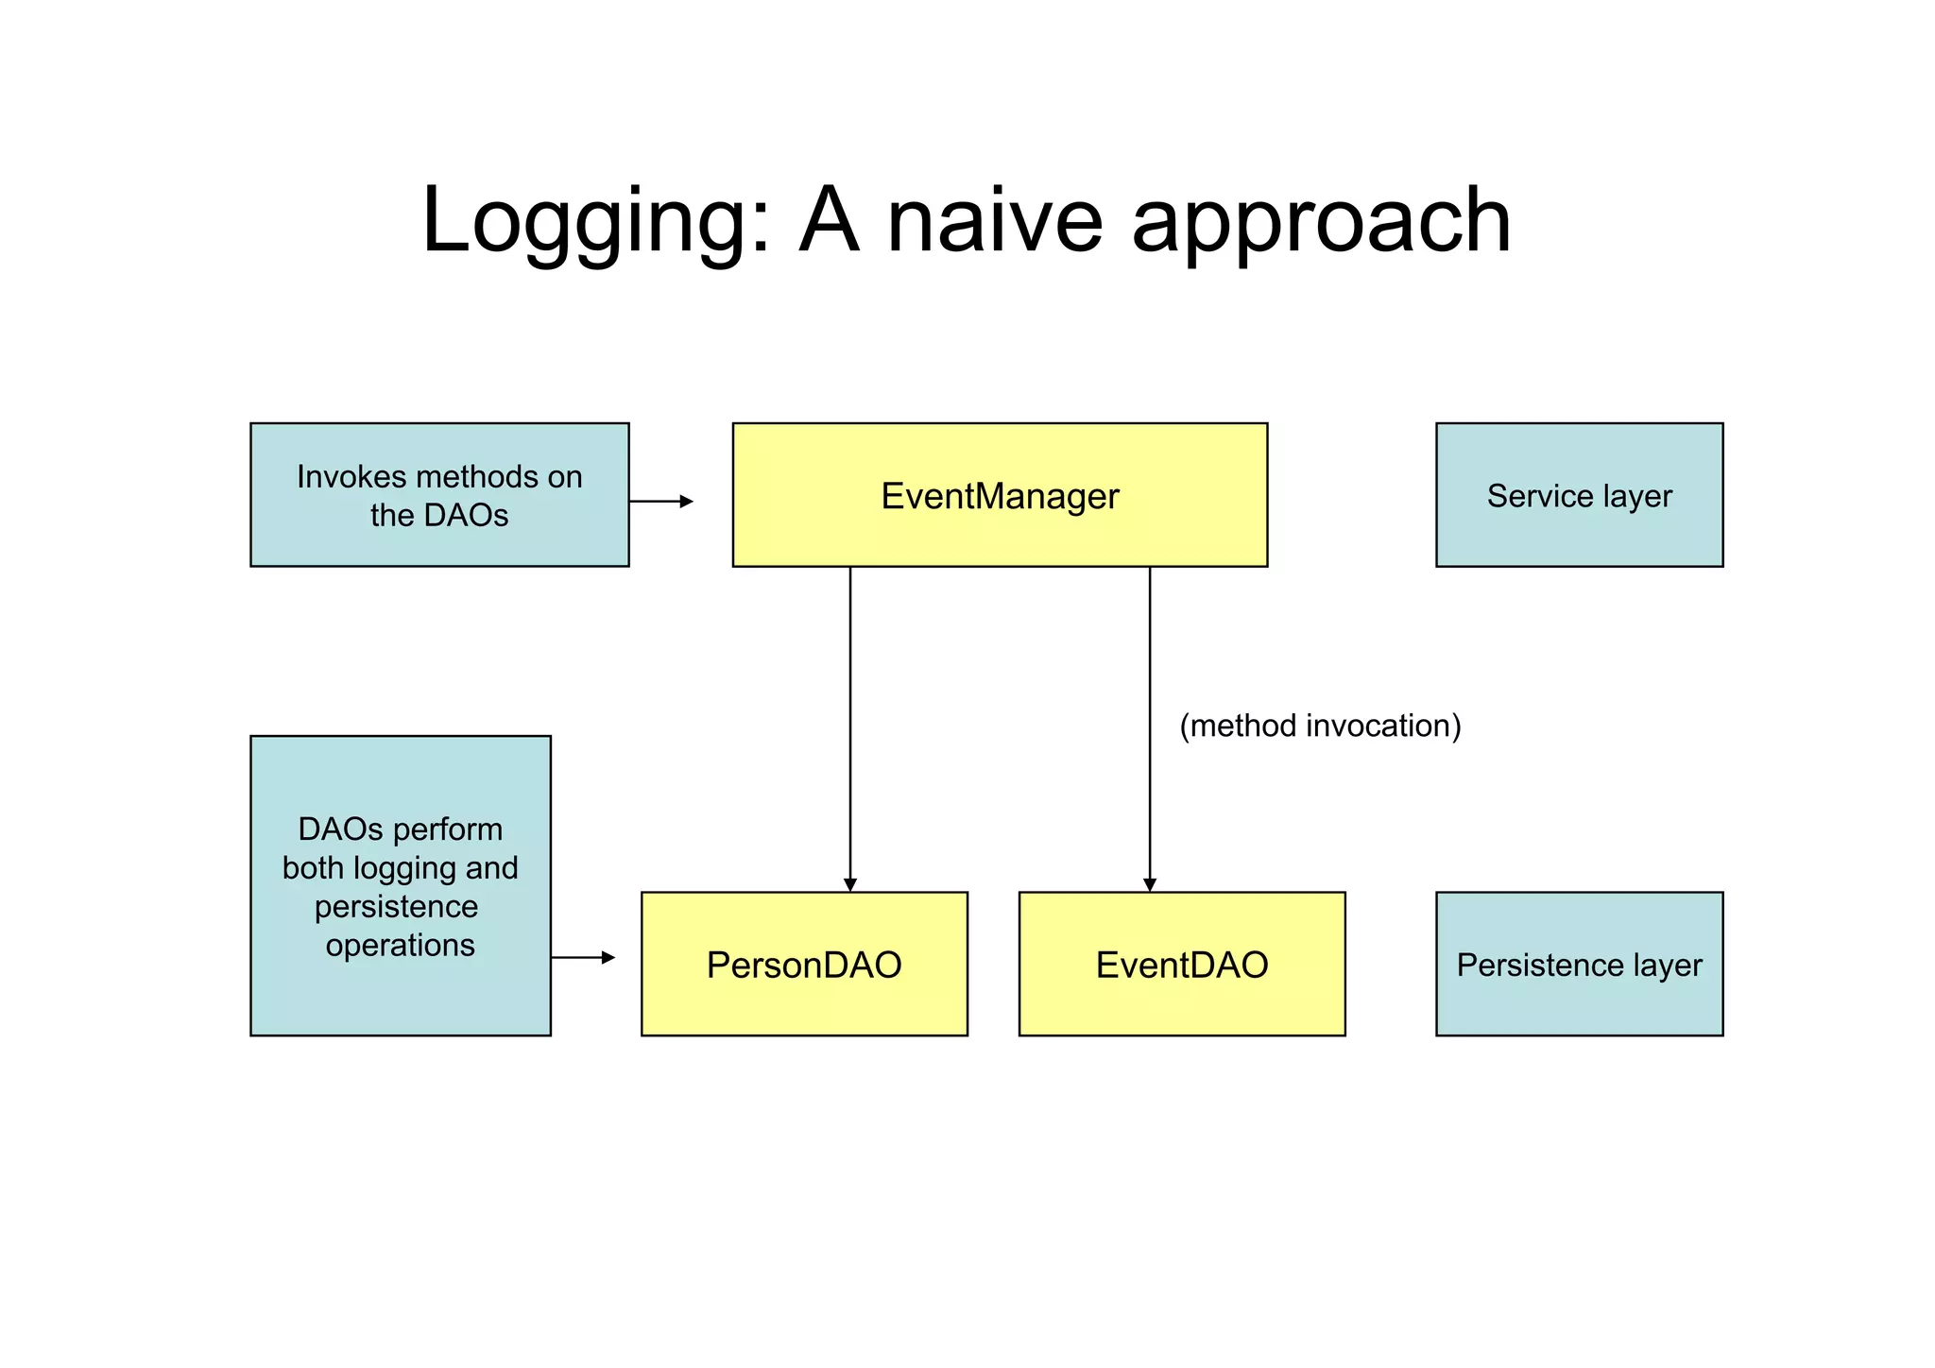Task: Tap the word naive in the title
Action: point(994,222)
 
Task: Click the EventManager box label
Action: point(1000,496)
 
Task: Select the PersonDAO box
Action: point(804,965)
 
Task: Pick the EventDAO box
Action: point(1182,965)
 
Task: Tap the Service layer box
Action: point(1579,496)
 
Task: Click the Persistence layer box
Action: point(1579,965)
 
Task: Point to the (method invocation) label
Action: point(1320,726)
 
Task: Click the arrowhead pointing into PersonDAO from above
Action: point(850,884)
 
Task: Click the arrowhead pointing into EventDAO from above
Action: point(1150,884)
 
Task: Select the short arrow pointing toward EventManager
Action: point(660,502)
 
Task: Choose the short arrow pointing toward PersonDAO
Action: point(583,958)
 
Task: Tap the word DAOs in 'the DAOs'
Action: point(465,516)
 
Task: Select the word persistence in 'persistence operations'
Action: point(396,907)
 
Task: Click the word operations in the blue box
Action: point(400,946)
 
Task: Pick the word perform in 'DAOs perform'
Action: point(448,829)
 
